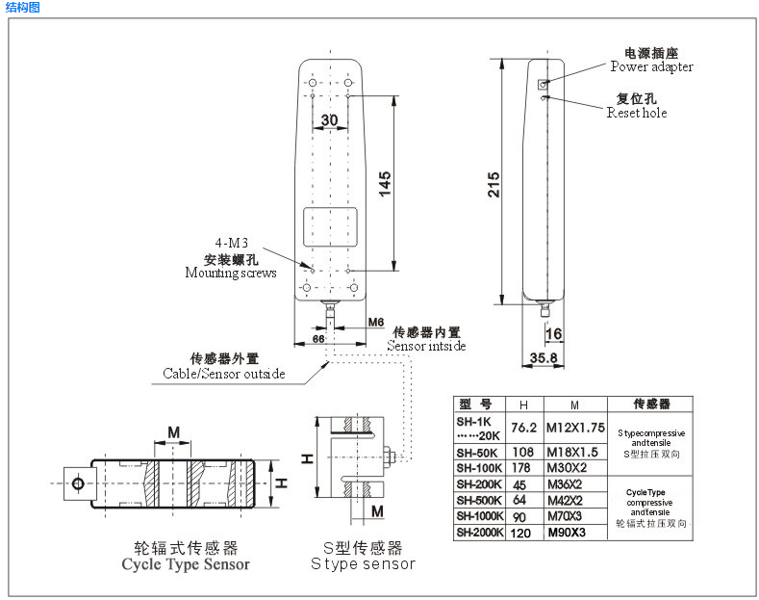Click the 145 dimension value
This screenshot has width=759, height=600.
(x=384, y=183)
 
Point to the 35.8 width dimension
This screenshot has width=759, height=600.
(x=544, y=357)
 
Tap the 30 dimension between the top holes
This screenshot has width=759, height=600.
(x=330, y=120)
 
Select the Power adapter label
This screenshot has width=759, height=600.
(x=651, y=67)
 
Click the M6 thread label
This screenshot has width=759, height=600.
(x=375, y=322)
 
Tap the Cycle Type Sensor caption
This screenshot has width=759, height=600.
(x=186, y=564)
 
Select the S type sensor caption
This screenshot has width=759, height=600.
(x=363, y=563)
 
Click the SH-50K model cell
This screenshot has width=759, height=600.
(x=478, y=453)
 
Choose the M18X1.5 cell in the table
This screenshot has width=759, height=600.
(x=573, y=453)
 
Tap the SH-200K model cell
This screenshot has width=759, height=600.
(x=479, y=483)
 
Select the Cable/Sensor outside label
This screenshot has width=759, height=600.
(x=223, y=373)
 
